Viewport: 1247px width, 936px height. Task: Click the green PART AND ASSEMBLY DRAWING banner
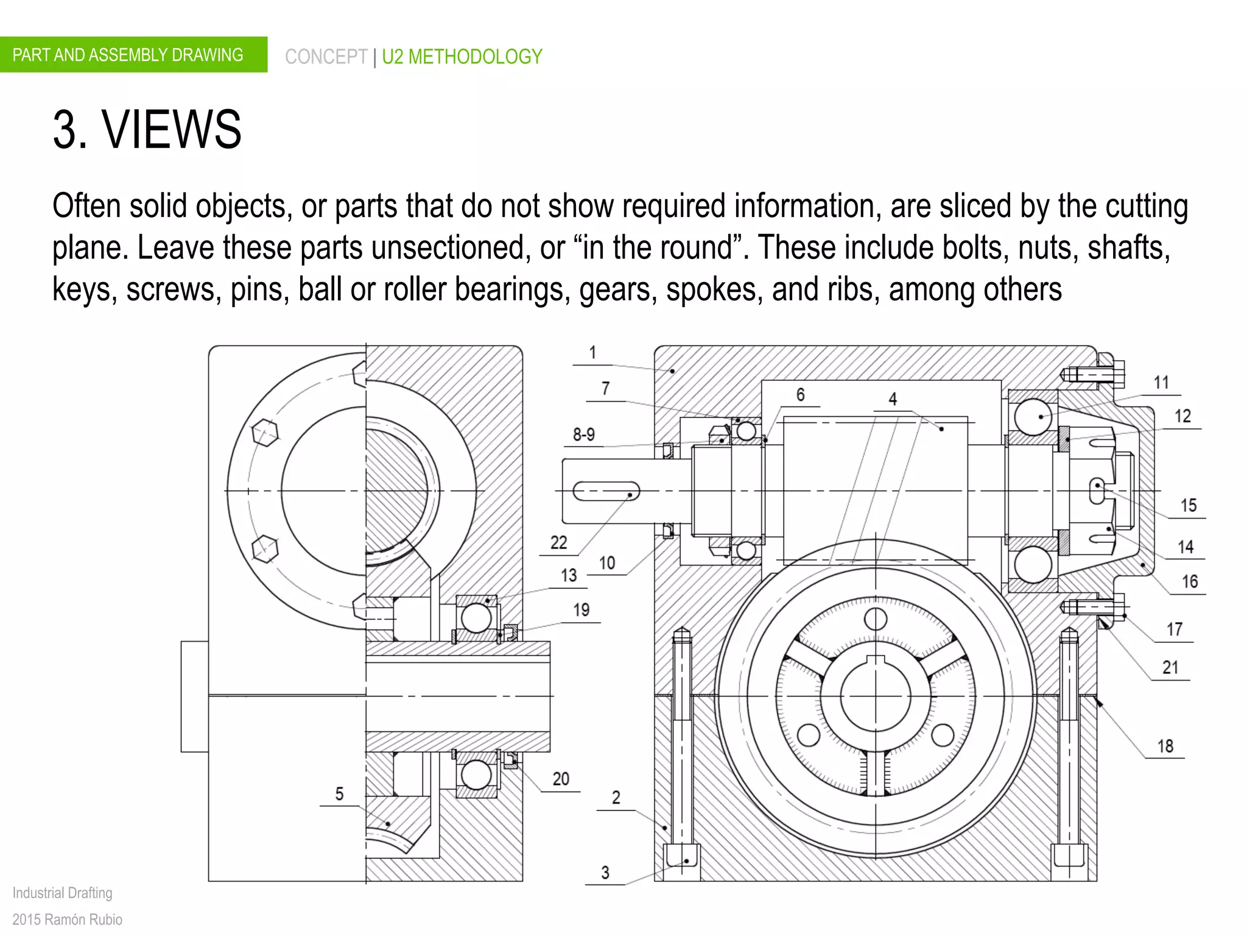point(133,55)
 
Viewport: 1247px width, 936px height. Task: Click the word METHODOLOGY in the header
point(475,57)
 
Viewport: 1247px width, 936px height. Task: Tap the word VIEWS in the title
point(172,129)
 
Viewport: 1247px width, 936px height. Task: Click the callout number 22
point(558,542)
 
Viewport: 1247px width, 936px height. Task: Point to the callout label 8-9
point(583,434)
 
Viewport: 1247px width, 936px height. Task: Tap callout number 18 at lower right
point(1165,746)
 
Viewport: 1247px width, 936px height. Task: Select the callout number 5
point(339,793)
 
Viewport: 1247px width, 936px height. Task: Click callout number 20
point(561,779)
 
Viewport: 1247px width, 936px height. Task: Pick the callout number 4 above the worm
point(893,399)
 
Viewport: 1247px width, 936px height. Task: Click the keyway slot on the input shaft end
point(606,491)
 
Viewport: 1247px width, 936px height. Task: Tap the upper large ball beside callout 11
point(1033,417)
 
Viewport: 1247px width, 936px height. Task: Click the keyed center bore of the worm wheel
point(876,695)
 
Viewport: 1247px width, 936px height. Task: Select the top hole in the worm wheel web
point(876,619)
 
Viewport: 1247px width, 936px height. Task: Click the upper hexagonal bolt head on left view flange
point(265,433)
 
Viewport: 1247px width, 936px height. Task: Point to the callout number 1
point(592,352)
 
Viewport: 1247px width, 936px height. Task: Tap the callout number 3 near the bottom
point(605,872)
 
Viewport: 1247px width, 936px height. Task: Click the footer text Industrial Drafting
point(62,893)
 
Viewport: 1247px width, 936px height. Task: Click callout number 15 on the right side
point(1188,505)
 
